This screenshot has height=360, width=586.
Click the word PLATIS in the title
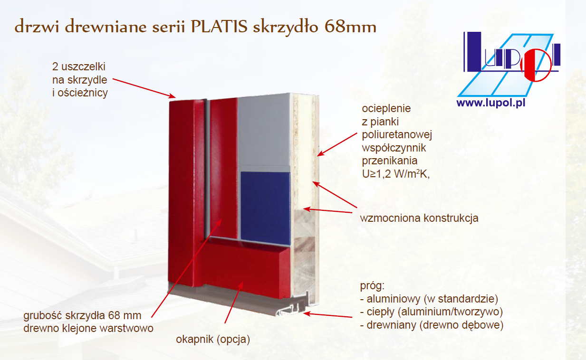click(219, 27)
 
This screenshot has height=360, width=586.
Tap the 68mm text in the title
click(350, 27)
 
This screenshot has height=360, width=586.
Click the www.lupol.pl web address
click(491, 103)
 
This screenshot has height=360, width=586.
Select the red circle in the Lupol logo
click(536, 66)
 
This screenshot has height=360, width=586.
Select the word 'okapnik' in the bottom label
click(195, 340)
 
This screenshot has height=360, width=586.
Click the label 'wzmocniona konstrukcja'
click(419, 218)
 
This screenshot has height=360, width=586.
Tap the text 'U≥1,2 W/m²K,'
click(396, 174)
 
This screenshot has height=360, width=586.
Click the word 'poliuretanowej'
click(397, 135)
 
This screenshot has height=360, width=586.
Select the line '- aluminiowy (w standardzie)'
click(429, 299)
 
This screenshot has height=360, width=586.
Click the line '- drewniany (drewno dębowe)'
click(432, 325)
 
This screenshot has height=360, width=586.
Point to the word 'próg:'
click(372, 286)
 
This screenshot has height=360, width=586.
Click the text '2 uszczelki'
click(79, 66)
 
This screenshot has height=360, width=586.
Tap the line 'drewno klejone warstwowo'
click(88, 328)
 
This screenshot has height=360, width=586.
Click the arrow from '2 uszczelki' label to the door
click(144, 88)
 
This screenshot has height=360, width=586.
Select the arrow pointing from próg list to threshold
click(327, 315)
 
